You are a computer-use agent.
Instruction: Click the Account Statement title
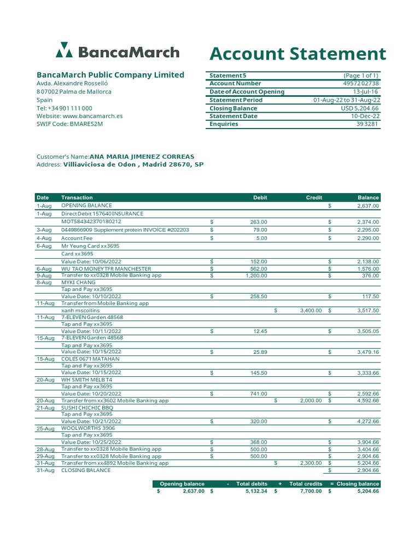297,54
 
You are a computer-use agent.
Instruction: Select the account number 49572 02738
360,84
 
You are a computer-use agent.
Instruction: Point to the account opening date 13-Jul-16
366,92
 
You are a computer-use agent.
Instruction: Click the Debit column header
260,197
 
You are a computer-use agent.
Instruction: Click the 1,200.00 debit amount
255,276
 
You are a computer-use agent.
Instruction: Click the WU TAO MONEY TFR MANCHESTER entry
106,269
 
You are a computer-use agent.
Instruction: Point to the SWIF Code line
69,124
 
